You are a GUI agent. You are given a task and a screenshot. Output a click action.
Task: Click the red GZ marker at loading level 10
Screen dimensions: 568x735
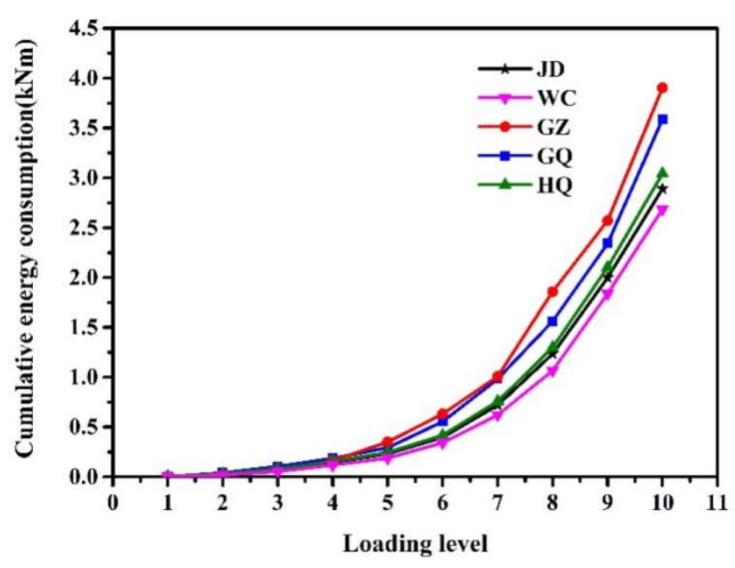662,88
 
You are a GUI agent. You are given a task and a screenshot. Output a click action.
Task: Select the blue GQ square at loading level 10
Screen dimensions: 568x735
662,119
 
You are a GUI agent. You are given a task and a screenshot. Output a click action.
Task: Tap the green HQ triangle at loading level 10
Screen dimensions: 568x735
662,173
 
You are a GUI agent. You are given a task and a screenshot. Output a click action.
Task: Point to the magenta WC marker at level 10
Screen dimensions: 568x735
662,210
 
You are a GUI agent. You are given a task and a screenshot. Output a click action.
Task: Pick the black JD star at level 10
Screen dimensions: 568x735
662,189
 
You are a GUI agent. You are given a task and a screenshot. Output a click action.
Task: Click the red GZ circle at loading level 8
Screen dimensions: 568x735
552,291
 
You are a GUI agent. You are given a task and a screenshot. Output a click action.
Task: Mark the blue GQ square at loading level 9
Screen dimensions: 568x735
607,243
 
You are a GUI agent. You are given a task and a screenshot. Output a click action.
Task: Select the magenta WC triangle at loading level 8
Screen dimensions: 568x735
552,372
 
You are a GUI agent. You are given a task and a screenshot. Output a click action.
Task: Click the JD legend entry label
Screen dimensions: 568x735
551,69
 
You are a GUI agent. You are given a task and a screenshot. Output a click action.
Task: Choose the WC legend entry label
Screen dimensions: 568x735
556,98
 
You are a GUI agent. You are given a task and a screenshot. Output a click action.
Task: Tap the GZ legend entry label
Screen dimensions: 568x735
553,127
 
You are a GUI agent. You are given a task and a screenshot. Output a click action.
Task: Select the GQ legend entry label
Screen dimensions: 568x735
554,156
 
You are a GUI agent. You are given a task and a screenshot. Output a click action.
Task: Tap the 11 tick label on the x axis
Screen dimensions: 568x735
717,502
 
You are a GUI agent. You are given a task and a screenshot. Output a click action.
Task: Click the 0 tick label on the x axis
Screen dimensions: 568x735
113,502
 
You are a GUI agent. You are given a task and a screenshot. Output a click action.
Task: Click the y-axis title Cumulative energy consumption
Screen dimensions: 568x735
25,249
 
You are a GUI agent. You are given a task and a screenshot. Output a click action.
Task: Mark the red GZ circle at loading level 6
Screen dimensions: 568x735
442,413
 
